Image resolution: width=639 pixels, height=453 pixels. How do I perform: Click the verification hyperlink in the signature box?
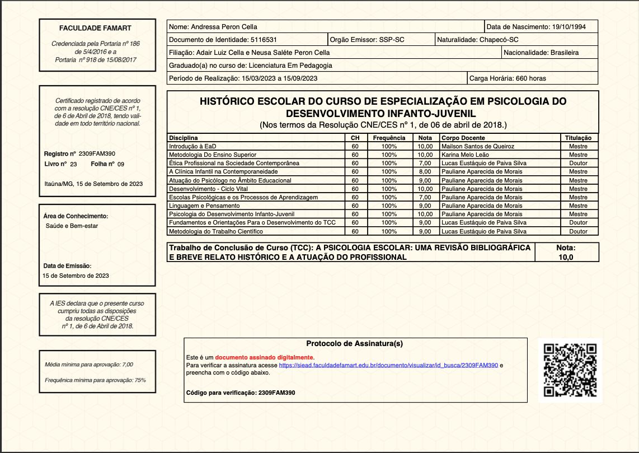(388, 365)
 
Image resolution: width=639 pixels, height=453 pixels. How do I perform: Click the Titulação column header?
(579, 138)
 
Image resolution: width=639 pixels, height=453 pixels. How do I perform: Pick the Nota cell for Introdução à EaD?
(425, 146)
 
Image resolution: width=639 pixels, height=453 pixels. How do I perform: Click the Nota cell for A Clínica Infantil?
(425, 171)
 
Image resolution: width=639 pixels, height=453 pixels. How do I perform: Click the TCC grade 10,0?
(566, 257)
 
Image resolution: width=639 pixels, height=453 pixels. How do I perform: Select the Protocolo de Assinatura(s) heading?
(355, 344)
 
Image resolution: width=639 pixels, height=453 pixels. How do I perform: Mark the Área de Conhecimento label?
(76, 216)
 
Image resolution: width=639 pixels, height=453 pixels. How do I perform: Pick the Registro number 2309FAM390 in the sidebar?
(97, 153)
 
